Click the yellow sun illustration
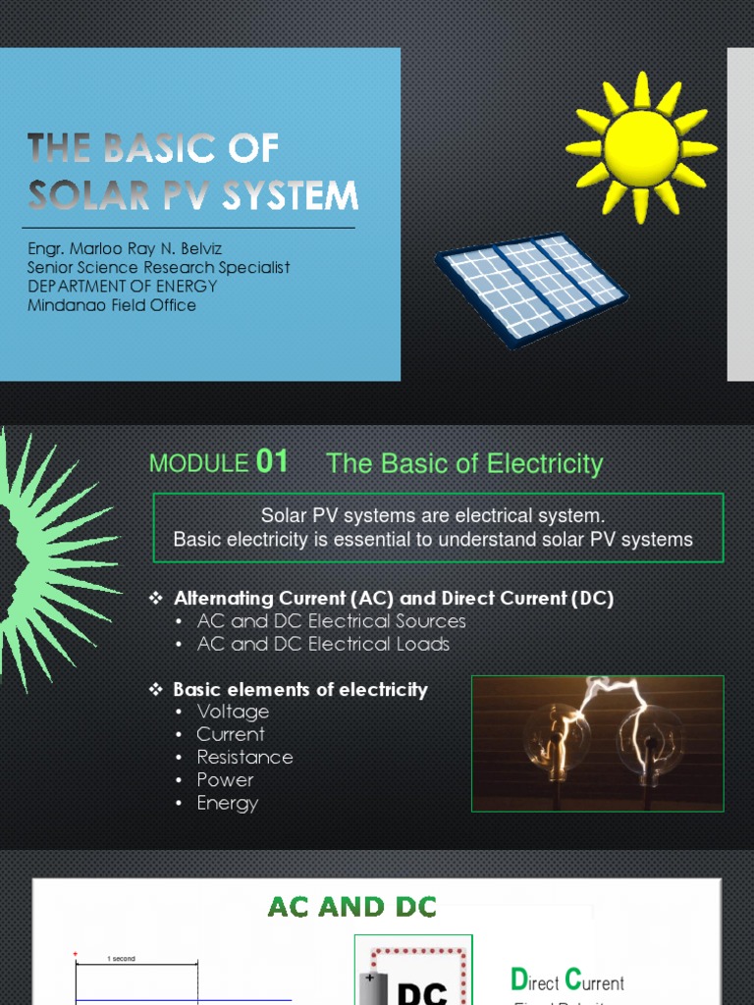(641, 147)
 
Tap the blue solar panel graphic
(531, 288)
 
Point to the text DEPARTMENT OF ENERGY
(123, 287)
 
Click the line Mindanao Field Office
(112, 305)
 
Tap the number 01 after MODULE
(272, 461)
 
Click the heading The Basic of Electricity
(463, 463)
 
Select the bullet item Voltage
(233, 712)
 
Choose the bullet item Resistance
(244, 757)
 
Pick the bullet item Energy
(227, 803)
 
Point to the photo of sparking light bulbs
(597, 743)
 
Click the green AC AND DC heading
(352, 907)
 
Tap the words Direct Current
(567, 981)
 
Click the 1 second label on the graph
(123, 957)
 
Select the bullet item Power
(225, 780)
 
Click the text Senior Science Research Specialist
(158, 268)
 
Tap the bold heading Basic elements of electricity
(299, 689)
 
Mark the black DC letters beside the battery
(422, 991)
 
